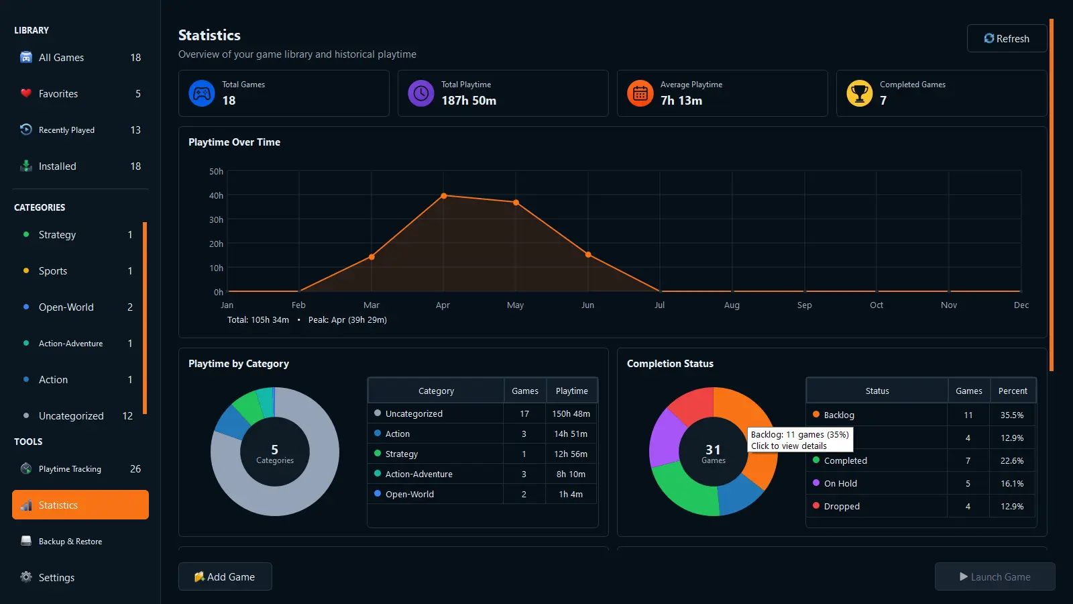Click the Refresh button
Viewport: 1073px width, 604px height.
pyautogui.click(x=1007, y=38)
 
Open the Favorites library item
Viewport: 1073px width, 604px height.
pyautogui.click(x=80, y=94)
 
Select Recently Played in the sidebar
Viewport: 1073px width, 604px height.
pyautogui.click(x=80, y=130)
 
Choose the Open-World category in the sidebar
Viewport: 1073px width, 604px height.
pyautogui.click(x=76, y=307)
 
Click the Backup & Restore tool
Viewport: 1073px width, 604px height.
pyautogui.click(x=80, y=541)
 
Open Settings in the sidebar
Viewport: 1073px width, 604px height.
pyautogui.click(x=80, y=578)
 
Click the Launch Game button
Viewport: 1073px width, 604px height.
pyautogui.click(x=995, y=576)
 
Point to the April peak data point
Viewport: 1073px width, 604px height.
pyautogui.click(x=443, y=195)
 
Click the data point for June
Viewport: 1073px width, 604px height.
pyautogui.click(x=588, y=254)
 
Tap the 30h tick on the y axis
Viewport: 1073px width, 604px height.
pyautogui.click(x=216, y=219)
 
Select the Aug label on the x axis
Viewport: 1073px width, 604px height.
pyautogui.click(x=732, y=305)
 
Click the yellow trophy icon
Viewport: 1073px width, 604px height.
pyautogui.click(x=859, y=93)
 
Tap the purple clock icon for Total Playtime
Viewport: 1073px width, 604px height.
pyautogui.click(x=421, y=93)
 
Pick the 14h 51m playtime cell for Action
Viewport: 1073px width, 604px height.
pyautogui.click(x=571, y=434)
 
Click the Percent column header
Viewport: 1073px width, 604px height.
pyautogui.click(x=1013, y=391)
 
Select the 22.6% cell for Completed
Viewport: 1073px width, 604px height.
pyautogui.click(x=1012, y=460)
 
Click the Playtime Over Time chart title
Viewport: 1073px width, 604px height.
pyautogui.click(x=234, y=142)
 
